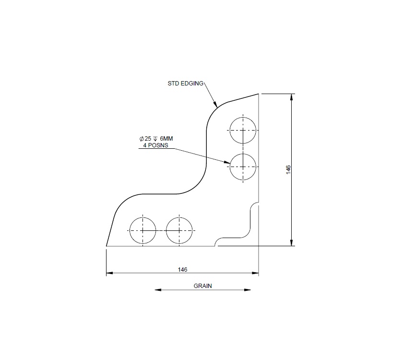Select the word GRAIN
[202, 286]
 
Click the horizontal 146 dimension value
[182, 269]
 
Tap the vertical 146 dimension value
[288, 169]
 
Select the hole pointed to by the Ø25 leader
[243, 167]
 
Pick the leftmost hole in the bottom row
[142, 230]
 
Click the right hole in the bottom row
[179, 230]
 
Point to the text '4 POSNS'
[154, 144]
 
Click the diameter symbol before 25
[141, 139]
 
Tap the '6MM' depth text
[166, 139]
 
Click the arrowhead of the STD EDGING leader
[216, 104]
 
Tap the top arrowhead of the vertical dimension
[292, 96]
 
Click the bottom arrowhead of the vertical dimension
[292, 243]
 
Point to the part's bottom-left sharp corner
[106, 246]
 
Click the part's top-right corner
[259, 94]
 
